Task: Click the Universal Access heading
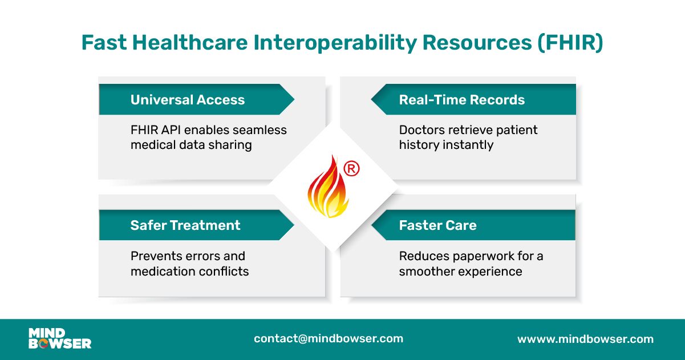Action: [x=187, y=100]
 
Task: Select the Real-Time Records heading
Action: [x=461, y=100]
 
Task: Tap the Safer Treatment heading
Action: [x=185, y=225]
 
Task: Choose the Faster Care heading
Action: [x=437, y=225]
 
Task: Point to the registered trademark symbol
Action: [x=351, y=168]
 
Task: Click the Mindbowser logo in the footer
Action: [x=60, y=338]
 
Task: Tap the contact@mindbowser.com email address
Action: [x=329, y=338]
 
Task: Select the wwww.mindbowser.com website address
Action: [x=585, y=339]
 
